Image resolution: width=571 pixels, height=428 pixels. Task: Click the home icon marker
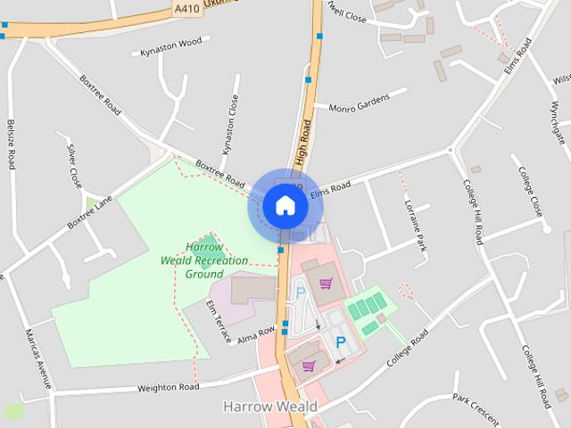point(285,206)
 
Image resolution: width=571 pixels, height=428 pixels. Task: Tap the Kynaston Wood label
point(171,46)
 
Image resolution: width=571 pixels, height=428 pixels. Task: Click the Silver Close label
point(75,164)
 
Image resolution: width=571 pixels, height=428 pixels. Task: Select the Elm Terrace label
point(219,322)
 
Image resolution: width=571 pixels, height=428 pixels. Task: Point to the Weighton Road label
point(168,387)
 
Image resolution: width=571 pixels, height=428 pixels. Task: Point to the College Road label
point(408,349)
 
